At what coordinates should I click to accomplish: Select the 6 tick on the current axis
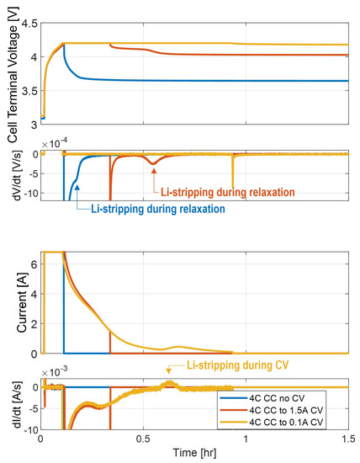tap(31, 263)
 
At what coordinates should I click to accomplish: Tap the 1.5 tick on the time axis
tap(347, 439)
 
